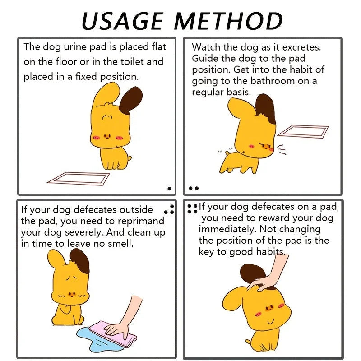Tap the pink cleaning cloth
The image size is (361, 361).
pyautogui.click(x=113, y=334)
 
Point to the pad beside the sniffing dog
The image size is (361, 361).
pyautogui.click(x=303, y=131)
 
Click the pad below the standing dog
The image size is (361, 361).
pyautogui.click(x=78, y=179)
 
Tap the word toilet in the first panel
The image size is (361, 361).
pyautogui.click(x=130, y=62)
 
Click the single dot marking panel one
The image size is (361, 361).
pyautogui.click(x=170, y=189)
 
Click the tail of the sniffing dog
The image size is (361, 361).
pyautogui.click(x=227, y=153)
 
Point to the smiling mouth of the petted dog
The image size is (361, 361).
pyautogui.click(x=271, y=321)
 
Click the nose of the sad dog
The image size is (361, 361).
pyautogui.click(x=72, y=294)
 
